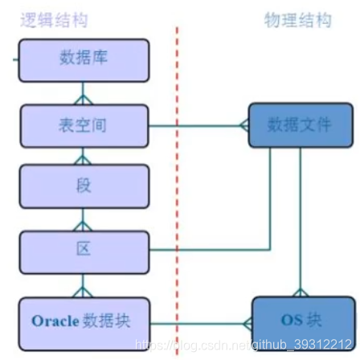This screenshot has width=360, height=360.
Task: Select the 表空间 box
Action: [84, 125]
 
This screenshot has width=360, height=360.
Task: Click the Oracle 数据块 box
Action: [84, 320]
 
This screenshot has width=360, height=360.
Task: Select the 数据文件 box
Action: [299, 125]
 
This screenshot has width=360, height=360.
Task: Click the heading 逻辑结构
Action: [54, 20]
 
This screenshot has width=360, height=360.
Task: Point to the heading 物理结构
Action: [297, 20]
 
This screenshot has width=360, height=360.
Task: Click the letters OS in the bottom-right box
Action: [290, 321]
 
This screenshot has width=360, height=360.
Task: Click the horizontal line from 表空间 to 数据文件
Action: [197, 125]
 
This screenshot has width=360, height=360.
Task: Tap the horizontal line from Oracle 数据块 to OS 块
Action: [201, 324]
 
